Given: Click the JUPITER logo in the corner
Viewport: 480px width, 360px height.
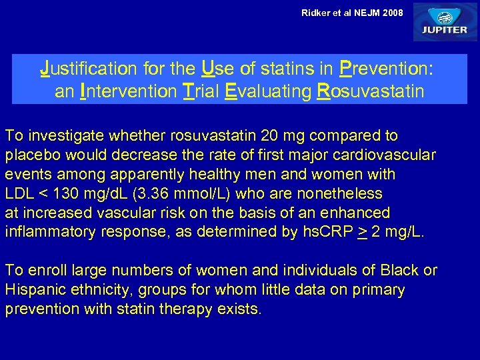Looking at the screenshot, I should pyautogui.click(x=445, y=22).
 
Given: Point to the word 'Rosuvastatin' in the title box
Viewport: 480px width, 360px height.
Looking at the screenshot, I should pyautogui.click(x=369, y=91).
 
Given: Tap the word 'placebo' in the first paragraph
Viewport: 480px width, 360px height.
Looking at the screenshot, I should pyautogui.click(x=29, y=155).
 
